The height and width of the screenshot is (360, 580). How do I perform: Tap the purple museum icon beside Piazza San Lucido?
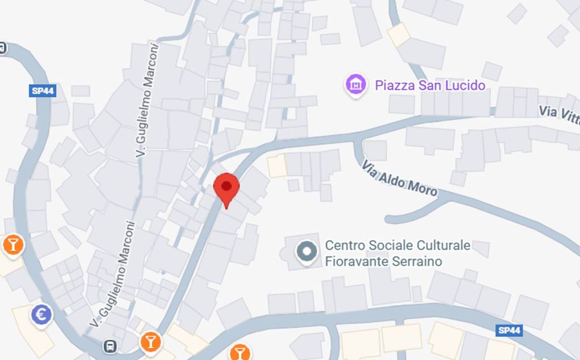pos(356,85)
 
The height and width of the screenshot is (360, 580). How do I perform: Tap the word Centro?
pos(345,246)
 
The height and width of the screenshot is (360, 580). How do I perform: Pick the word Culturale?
pos(443,246)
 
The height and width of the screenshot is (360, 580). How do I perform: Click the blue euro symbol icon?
pos(42,315)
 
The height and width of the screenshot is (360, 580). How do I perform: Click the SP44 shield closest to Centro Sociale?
pos(508,330)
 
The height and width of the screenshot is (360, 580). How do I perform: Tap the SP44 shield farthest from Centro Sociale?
pos(42,91)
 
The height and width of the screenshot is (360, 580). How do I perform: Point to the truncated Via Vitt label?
pos(558,113)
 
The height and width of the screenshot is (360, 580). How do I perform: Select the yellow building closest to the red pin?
pos(277,166)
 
